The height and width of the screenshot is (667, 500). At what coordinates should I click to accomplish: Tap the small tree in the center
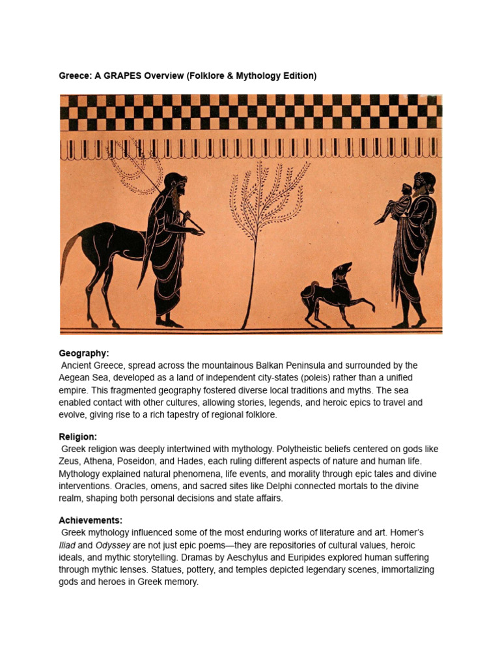[x=261, y=215]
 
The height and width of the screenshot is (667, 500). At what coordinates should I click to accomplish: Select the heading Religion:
[x=77, y=436]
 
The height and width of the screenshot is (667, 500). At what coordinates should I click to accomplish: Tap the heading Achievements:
[x=90, y=520]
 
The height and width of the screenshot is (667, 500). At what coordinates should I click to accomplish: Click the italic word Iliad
[x=67, y=545]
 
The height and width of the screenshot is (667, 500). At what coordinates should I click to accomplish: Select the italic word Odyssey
[x=113, y=545]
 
